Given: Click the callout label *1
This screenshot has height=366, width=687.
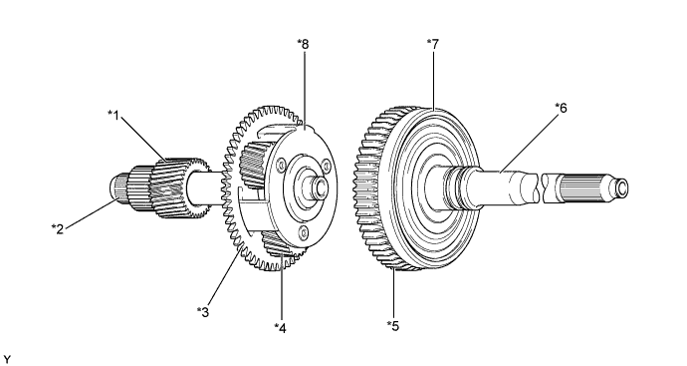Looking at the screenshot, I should (114, 115).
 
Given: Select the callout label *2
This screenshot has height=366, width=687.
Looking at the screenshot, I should (58, 227).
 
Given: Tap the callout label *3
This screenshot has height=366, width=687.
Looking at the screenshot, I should (203, 312).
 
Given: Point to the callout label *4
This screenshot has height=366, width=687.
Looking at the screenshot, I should (281, 325).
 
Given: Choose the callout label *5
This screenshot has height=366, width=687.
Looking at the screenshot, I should (394, 325).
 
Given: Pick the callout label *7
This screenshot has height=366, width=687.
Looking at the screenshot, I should (431, 42).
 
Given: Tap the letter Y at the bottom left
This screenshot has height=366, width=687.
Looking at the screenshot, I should (8, 356).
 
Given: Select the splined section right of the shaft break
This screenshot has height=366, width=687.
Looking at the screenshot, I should (582, 185).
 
